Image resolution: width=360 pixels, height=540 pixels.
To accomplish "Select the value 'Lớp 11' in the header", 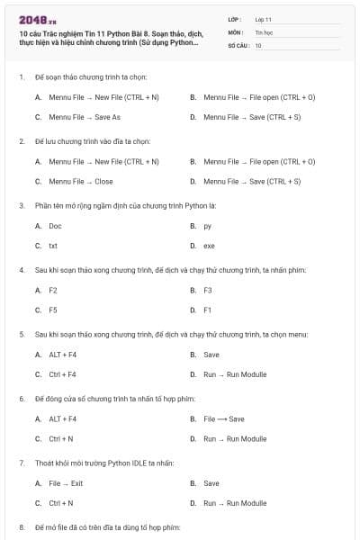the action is pos(263,19).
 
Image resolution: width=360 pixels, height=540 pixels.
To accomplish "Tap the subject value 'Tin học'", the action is pos(262,31).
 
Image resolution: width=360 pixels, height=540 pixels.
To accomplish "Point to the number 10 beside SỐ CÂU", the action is pos(258,44).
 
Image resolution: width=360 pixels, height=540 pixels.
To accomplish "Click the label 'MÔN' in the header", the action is pos(236,31).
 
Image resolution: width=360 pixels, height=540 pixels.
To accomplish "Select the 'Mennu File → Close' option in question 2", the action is pos(81,181).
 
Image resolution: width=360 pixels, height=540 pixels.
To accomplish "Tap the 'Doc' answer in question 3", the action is pos(55,226).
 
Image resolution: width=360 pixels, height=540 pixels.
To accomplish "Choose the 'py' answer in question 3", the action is pos(208,226).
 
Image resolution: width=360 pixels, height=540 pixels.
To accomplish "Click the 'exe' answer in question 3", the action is pos(209,246).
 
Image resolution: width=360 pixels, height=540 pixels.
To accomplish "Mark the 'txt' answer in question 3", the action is pos(53,246).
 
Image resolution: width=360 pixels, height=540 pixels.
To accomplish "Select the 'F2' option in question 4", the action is pos(53,290).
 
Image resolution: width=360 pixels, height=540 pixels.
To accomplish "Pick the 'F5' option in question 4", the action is pos(53,310).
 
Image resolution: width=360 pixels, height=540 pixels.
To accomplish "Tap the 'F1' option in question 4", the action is pos(208,310).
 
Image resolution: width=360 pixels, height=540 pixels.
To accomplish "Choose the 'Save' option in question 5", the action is pos(211,355).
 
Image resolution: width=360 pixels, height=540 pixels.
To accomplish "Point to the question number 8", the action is pos(22,526).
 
